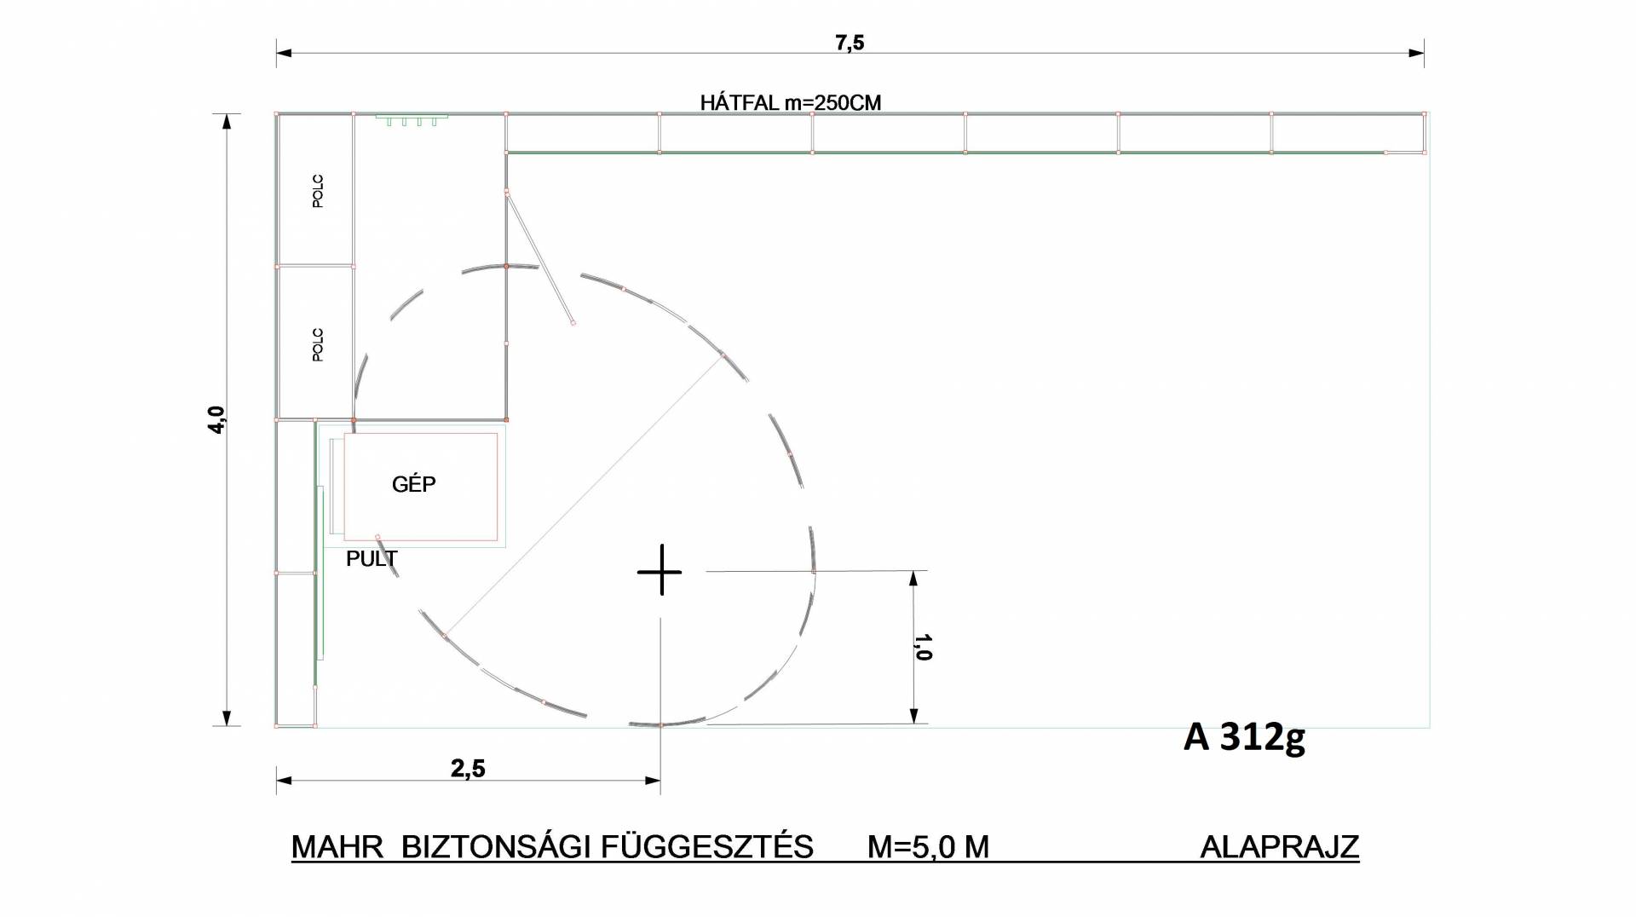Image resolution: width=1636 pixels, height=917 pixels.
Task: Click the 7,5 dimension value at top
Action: click(x=850, y=43)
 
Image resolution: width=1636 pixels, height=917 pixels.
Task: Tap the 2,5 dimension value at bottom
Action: click(x=468, y=769)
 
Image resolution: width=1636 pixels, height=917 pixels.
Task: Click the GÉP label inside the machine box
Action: click(x=414, y=484)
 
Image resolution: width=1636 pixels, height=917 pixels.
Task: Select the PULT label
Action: click(x=372, y=559)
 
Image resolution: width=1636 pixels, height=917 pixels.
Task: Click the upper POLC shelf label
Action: click(x=318, y=192)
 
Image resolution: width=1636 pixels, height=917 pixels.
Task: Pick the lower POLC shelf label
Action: click(x=318, y=345)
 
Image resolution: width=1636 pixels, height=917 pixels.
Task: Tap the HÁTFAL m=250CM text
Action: click(x=791, y=103)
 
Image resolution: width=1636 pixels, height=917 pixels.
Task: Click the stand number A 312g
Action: click(x=1244, y=737)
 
